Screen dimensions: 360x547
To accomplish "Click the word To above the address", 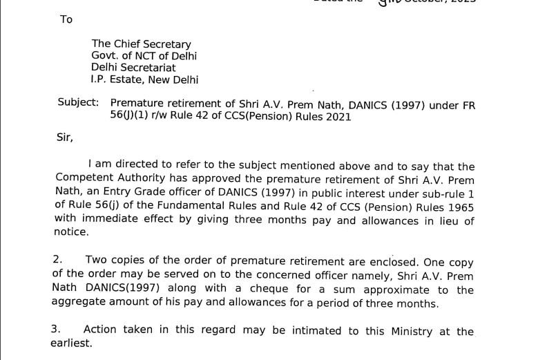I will (x=66, y=19).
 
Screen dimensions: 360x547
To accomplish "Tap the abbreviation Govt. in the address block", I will (x=106, y=56).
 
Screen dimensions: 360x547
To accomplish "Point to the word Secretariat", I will (x=147, y=68).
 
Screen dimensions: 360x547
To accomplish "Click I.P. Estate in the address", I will (x=116, y=79).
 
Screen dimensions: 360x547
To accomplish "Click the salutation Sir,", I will (x=64, y=138).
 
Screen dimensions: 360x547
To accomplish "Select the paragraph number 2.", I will (x=57, y=260).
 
